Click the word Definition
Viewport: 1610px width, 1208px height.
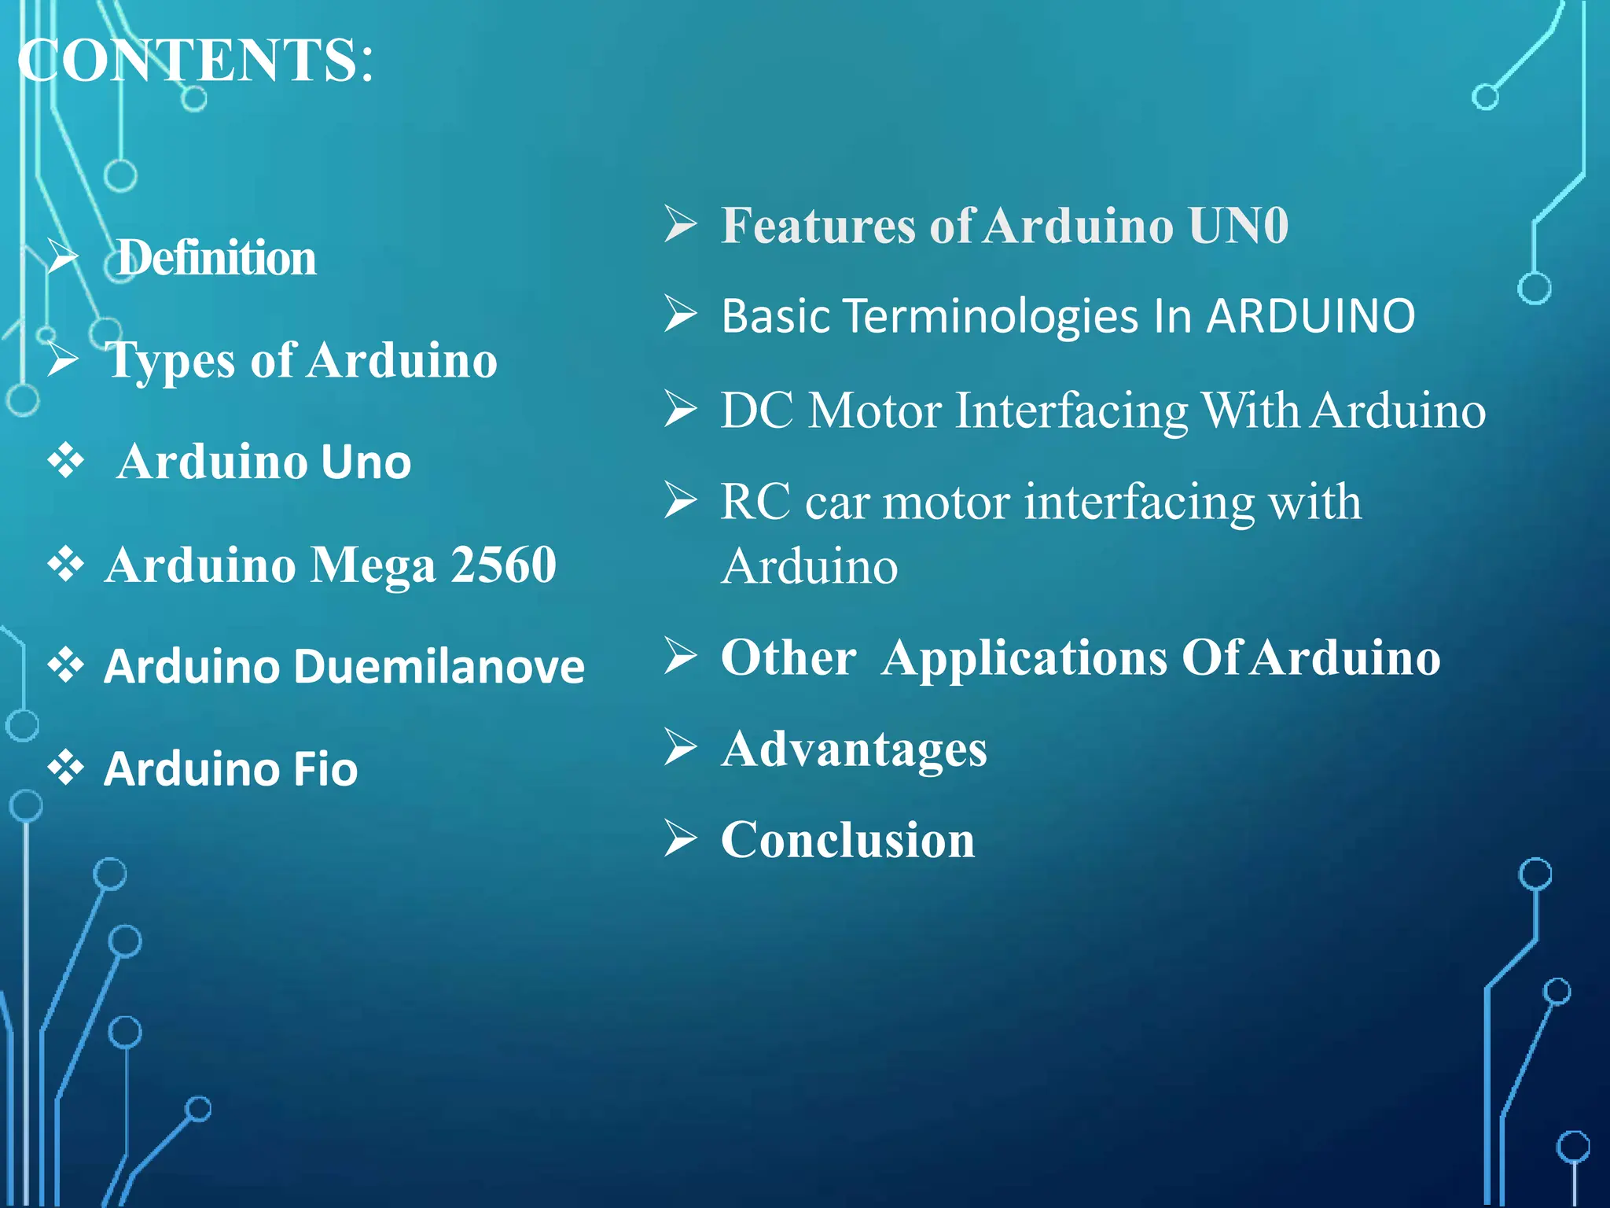217,258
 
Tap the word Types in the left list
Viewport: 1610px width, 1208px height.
171,362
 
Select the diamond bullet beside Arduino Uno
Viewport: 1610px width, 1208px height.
66,461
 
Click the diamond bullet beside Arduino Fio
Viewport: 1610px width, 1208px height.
66,768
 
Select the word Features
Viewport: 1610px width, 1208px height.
818,226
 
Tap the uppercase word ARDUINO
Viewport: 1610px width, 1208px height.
1310,316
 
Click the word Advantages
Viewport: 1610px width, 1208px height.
854,749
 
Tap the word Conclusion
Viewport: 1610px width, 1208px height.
847,840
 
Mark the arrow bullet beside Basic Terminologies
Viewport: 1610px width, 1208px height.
680,314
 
